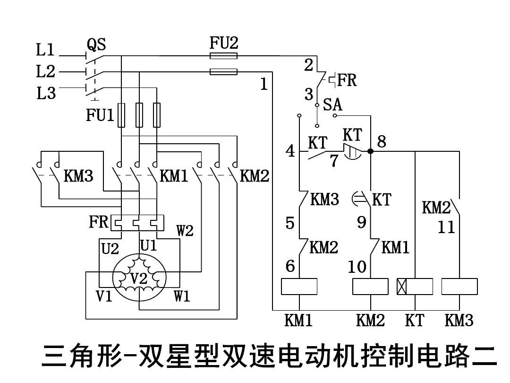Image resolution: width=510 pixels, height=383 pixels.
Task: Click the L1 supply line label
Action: pos(45,50)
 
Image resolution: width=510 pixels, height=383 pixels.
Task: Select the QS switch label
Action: pos(96,45)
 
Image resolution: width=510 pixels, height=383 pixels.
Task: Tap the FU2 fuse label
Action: pos(224,44)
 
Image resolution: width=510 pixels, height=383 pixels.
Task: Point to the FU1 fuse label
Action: pos(100,115)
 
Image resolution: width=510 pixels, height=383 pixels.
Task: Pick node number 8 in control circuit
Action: pos(382,141)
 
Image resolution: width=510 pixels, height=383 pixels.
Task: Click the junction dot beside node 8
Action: pos(371,151)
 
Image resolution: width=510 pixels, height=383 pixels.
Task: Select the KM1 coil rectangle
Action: pos(299,287)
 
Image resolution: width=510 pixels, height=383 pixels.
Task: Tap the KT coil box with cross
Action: pos(414,287)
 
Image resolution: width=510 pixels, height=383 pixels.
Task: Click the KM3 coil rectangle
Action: pos(459,287)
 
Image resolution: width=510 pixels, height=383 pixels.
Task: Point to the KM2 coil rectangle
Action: pos(371,287)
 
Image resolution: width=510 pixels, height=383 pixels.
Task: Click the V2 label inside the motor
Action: pos(139,279)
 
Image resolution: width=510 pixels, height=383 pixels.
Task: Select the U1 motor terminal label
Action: pos(148,245)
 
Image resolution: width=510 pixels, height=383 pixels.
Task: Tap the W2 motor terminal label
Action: pos(185,231)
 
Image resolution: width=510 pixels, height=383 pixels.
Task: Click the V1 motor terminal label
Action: pos(104,296)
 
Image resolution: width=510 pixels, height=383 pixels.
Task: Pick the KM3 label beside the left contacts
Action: pos(78,176)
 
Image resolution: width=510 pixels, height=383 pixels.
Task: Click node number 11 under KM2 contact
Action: pos(446,227)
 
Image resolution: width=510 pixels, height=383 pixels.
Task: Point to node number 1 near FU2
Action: pos(264,84)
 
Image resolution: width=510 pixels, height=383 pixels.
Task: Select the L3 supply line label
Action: pos(46,94)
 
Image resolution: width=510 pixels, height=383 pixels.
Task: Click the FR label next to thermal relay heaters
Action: pos(98,222)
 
